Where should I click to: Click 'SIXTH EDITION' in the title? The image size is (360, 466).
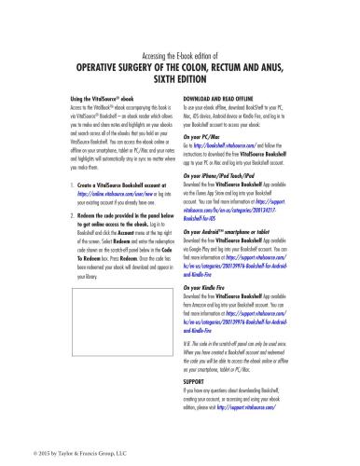(178, 79)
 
